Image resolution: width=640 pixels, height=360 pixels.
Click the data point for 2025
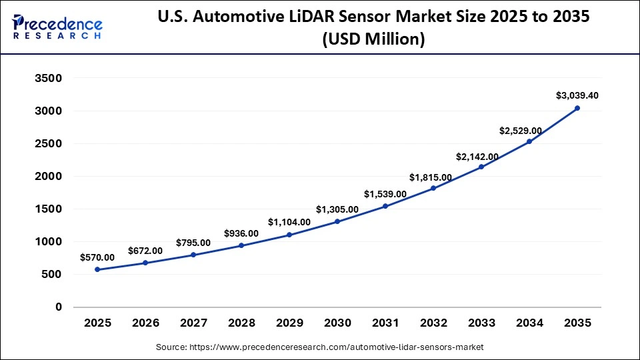pos(97,269)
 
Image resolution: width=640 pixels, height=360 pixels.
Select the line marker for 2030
pos(337,221)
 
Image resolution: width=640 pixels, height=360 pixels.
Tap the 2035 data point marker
pos(577,108)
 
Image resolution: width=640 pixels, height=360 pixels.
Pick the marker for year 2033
pos(481,167)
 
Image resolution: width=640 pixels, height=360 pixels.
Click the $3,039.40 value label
pos(577,95)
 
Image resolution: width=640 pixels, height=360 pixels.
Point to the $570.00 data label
pos(97,257)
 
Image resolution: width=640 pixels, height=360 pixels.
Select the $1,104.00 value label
pos(289,222)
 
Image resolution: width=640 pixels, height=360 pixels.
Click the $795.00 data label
pos(193,242)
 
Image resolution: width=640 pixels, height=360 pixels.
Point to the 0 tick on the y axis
pos(58,307)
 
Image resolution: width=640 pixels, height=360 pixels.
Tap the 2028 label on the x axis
pos(241,323)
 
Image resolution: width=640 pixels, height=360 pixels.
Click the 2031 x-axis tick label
pos(385,323)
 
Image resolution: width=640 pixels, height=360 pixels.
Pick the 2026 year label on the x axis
pos(145,323)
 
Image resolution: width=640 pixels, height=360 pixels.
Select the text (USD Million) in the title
pos(373,39)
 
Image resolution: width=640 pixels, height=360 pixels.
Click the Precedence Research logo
pos(57,27)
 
